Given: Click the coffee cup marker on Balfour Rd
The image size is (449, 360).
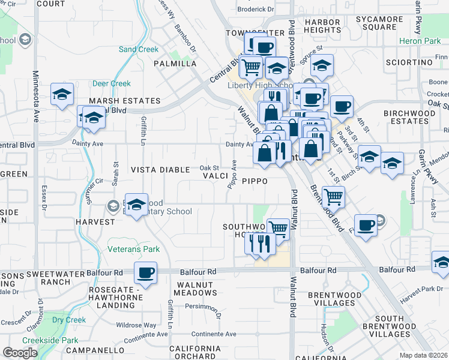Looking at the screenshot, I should pyautogui.click(x=145, y=273).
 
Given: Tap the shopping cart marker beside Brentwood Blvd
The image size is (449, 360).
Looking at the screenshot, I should pyautogui.click(x=333, y=196).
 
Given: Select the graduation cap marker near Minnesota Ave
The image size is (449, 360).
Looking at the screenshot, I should pyautogui.click(x=62, y=95).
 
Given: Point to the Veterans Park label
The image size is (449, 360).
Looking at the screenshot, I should pyautogui.click(x=133, y=249).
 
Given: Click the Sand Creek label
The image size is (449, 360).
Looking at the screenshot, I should pyautogui.click(x=138, y=49).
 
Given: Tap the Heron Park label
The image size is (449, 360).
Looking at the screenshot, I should pyautogui.click(x=418, y=41).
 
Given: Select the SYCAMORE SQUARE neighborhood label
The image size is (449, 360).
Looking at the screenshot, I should pyautogui.click(x=379, y=23).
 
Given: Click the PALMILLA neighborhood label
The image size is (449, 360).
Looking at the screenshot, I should pyautogui.click(x=175, y=64).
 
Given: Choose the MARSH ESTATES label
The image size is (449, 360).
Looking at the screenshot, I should pyautogui.click(x=124, y=101).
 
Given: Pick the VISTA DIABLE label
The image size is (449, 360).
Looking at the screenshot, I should pyautogui.click(x=160, y=170).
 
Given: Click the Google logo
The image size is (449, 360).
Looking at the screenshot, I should pyautogui.click(x=20, y=353).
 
